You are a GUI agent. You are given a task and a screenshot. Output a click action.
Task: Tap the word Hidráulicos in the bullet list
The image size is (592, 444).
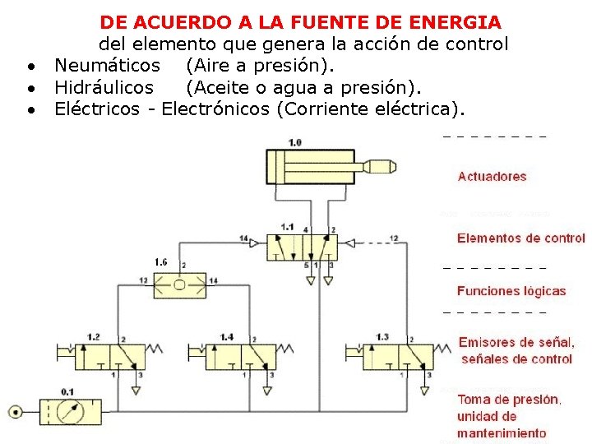click(104, 86)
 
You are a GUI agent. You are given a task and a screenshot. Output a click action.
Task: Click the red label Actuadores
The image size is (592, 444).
click(492, 176)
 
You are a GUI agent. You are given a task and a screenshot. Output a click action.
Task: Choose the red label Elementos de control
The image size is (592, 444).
click(521, 238)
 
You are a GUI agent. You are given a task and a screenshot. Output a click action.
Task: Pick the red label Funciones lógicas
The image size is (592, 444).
click(511, 290)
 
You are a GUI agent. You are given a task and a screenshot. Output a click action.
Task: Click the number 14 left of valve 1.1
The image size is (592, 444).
click(243, 238)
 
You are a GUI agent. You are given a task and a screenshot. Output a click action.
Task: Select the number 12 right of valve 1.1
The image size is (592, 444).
click(393, 238)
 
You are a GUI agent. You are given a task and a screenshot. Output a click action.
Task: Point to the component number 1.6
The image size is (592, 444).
click(161, 262)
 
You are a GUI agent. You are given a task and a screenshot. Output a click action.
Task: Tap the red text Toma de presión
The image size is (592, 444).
click(510, 400)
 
